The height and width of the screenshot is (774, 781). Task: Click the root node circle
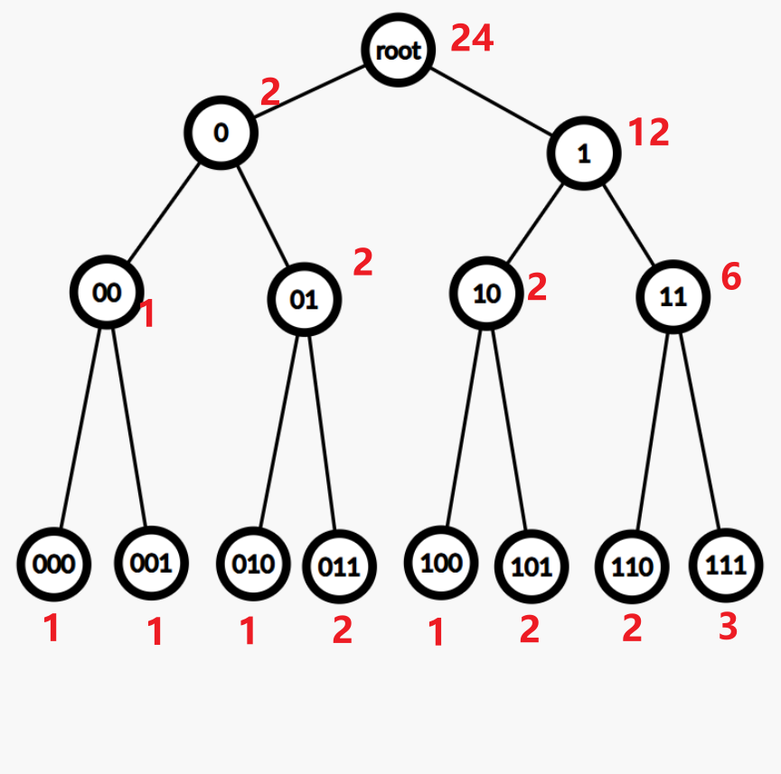click(399, 50)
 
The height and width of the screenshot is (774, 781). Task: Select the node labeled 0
click(221, 133)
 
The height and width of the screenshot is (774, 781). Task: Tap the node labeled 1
click(584, 154)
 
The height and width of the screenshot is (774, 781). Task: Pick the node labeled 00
click(107, 292)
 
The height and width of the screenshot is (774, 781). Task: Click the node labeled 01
click(305, 299)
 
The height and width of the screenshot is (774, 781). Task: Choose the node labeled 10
click(487, 294)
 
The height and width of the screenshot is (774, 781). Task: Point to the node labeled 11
click(673, 296)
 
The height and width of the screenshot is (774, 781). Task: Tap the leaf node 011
click(339, 567)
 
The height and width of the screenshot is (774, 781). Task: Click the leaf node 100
click(441, 563)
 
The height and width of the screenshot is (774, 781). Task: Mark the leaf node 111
click(726, 566)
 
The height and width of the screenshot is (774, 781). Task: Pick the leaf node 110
click(631, 567)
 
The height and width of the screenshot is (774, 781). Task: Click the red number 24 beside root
click(472, 39)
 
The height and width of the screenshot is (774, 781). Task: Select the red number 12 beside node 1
click(648, 133)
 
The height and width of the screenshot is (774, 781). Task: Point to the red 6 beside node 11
click(730, 278)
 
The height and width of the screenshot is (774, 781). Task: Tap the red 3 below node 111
click(728, 626)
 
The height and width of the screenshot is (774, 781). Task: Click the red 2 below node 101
click(530, 629)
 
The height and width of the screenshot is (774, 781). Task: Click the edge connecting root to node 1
click(493, 102)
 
